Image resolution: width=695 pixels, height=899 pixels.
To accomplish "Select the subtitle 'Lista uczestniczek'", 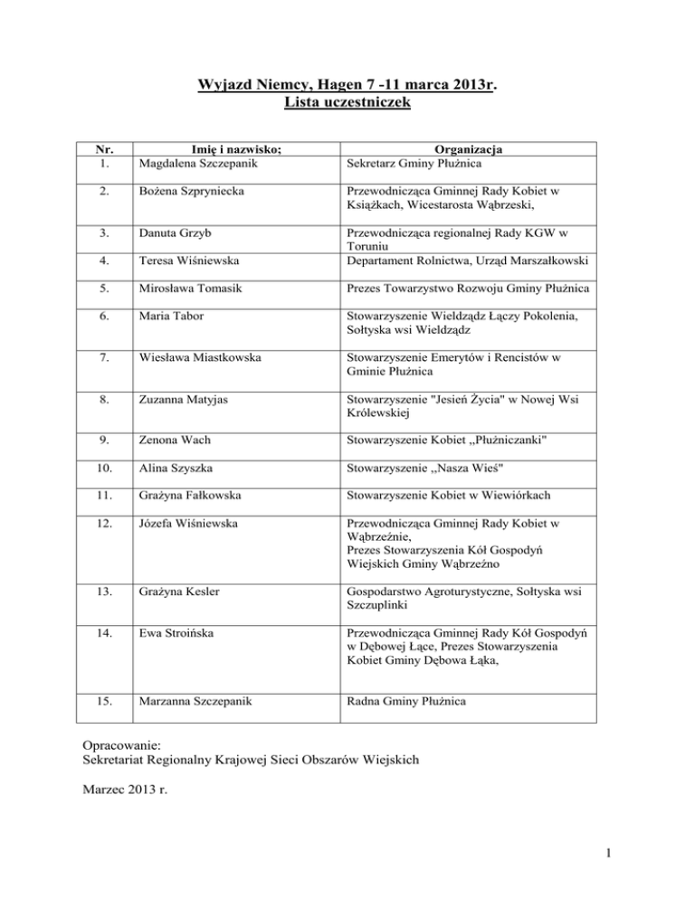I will (x=348, y=104).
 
